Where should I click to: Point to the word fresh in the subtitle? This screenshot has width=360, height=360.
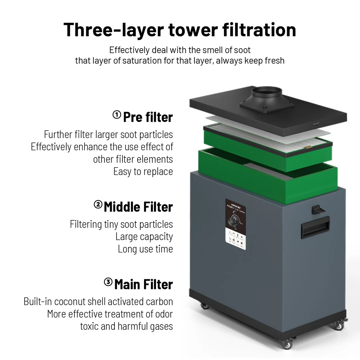[x=274, y=60]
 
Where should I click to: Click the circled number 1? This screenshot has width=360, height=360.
[x=117, y=115]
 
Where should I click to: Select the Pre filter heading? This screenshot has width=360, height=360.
[x=148, y=117]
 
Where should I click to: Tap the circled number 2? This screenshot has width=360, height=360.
[x=98, y=205]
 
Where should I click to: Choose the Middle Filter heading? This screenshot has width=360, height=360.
[x=139, y=207]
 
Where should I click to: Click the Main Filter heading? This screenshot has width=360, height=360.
[x=144, y=284]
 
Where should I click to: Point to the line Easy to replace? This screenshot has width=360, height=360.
[x=143, y=171]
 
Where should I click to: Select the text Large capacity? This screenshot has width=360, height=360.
[x=144, y=237]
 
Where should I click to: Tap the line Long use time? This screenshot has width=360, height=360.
[x=145, y=249]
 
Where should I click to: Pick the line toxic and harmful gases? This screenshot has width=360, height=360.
[x=126, y=326]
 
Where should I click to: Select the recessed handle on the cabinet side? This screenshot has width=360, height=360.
[x=315, y=227]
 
